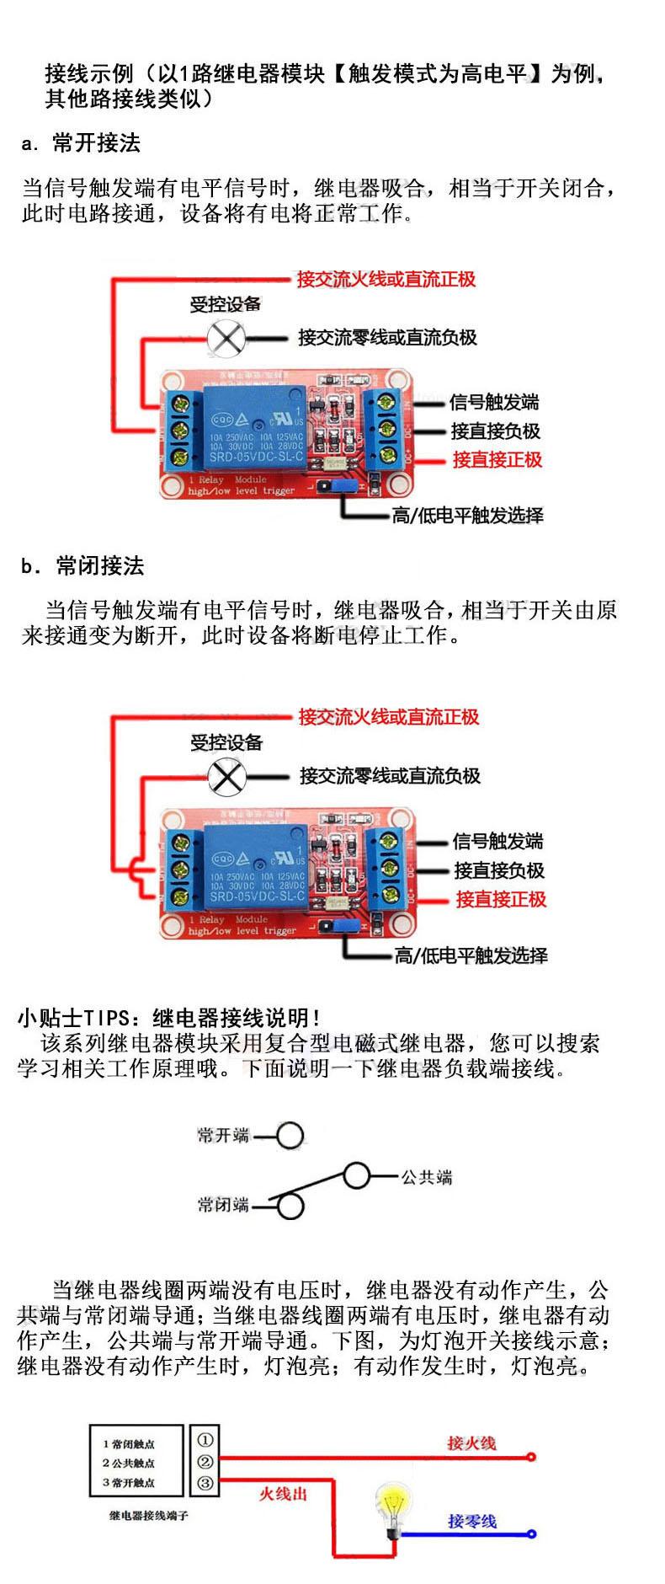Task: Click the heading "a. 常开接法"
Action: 81,143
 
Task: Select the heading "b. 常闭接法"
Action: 82,566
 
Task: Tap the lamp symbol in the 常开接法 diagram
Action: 226,339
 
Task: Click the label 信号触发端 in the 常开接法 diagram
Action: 493,403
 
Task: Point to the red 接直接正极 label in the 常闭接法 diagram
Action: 501,900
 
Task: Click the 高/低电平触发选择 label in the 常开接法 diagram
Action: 468,516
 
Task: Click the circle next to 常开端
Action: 290,1136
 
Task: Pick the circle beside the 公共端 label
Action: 357,1176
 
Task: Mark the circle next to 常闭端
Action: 290,1206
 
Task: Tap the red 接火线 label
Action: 471,1442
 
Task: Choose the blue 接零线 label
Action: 471,1521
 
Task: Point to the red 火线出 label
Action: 283,1494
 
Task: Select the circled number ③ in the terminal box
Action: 205,1483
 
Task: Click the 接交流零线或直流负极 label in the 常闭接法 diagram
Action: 390,776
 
